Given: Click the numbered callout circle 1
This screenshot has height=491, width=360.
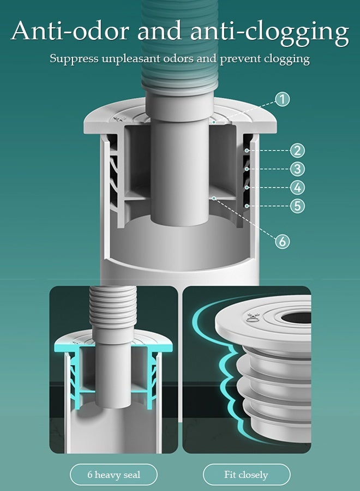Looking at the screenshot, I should point(282,99).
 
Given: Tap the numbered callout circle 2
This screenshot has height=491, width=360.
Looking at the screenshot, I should point(297,151).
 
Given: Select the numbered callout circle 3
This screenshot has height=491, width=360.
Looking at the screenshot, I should point(297,169).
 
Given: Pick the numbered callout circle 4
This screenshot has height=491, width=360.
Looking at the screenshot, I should point(297,188).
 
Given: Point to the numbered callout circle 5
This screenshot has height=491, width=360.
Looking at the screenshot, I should point(297,206).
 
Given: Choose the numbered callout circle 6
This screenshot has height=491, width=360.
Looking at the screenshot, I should point(282,241).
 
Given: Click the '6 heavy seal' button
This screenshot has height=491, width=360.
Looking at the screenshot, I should point(113,475).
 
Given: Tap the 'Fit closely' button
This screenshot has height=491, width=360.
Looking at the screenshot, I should point(246,475).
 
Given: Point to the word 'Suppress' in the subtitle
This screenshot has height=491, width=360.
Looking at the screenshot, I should point(74,58).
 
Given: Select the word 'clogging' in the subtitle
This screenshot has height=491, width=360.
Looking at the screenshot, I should point(287,59).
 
